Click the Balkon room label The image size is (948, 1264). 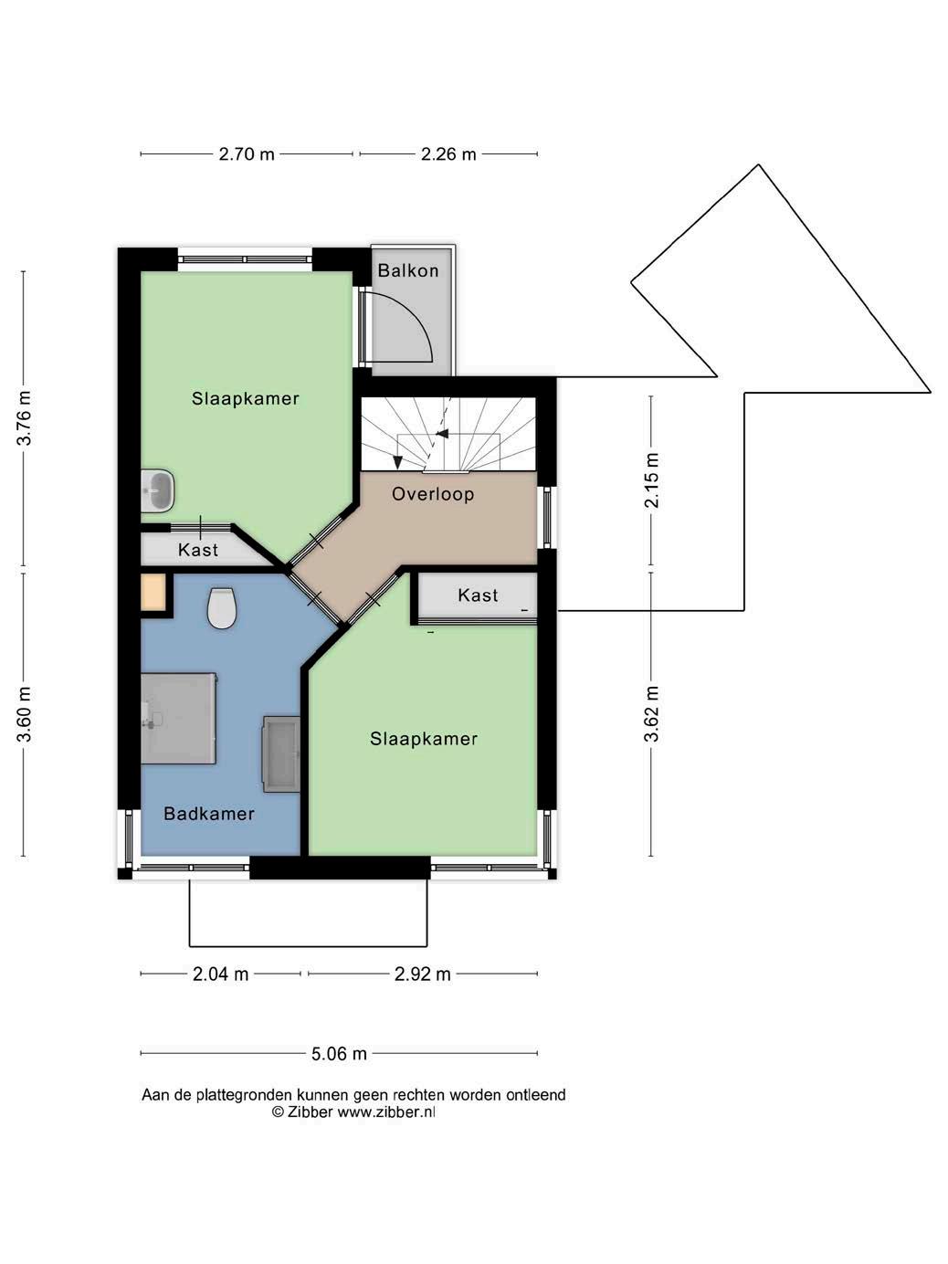(x=408, y=270)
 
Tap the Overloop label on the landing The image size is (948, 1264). (x=433, y=494)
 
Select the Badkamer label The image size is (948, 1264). (x=209, y=814)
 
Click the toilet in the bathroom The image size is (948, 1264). (x=222, y=608)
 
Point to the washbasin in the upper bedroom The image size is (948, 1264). (x=157, y=490)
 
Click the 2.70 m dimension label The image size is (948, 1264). (x=247, y=154)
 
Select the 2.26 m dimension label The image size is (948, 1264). (x=448, y=154)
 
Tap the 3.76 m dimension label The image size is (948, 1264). (x=24, y=418)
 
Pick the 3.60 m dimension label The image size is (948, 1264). (x=24, y=714)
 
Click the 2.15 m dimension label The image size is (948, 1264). (x=651, y=480)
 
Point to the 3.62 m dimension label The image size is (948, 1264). (x=651, y=714)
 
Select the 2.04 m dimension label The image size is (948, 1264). (x=220, y=974)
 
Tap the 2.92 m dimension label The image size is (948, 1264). (x=423, y=974)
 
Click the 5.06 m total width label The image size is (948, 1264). (x=339, y=1054)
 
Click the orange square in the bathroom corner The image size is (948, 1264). (x=153, y=592)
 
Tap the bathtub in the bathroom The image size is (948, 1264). (x=281, y=754)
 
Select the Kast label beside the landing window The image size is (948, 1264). (x=478, y=595)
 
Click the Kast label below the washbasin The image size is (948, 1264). (x=198, y=550)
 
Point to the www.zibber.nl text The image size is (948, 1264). (x=386, y=1112)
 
